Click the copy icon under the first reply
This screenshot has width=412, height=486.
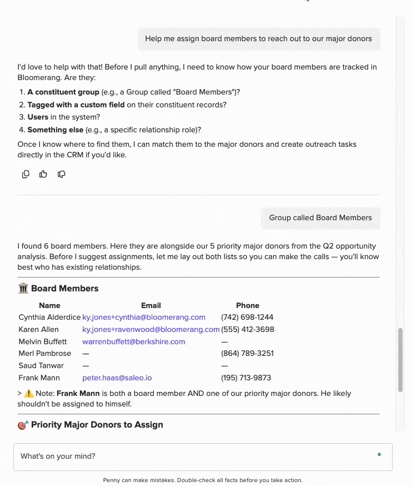click(26, 174)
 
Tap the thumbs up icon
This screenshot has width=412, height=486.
click(43, 174)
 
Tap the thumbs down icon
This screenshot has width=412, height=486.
click(61, 174)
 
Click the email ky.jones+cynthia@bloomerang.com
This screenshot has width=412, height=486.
click(144, 318)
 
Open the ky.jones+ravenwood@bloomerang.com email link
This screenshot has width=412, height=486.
click(151, 329)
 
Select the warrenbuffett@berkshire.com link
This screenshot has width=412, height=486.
click(134, 341)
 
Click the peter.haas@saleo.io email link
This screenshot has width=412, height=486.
click(117, 378)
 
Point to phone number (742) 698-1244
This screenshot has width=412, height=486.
click(247, 318)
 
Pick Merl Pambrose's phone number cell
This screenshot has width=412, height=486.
click(247, 354)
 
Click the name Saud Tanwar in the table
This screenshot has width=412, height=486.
click(41, 366)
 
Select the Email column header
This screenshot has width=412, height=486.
click(151, 305)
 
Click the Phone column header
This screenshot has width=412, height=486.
click(248, 305)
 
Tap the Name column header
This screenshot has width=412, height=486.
click(49, 305)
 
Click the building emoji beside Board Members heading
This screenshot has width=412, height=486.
click(23, 289)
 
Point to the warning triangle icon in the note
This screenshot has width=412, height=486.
click(29, 394)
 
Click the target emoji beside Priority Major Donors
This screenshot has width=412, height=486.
click(23, 425)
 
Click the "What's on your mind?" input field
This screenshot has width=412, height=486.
click(194, 457)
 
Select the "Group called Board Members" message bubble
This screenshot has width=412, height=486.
click(320, 218)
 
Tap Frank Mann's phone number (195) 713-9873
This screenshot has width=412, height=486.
click(246, 378)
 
